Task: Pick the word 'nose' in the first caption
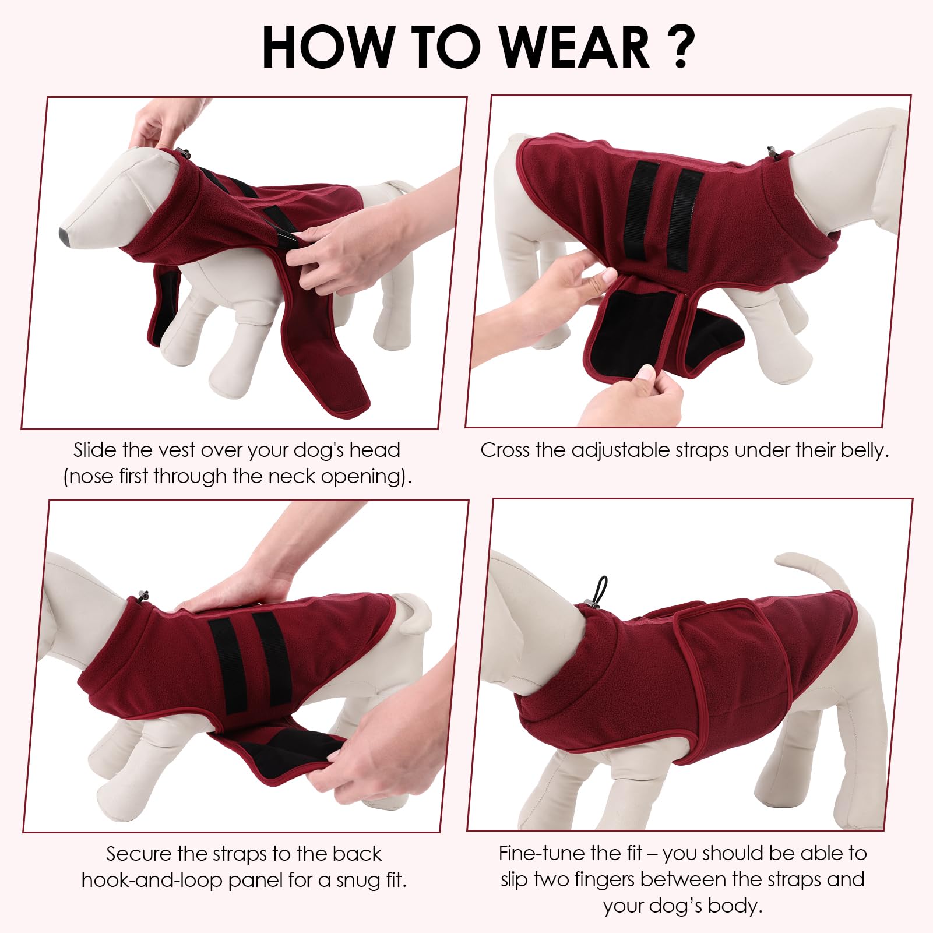[90, 477]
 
